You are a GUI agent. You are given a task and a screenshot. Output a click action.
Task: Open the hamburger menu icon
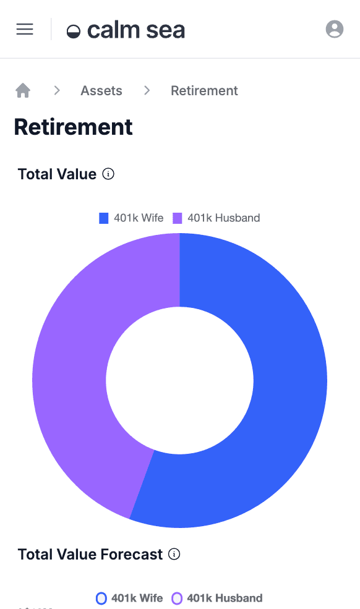click(x=25, y=29)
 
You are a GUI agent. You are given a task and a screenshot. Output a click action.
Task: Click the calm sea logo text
click(x=136, y=30)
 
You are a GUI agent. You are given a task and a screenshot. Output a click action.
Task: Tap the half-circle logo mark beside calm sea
click(x=74, y=32)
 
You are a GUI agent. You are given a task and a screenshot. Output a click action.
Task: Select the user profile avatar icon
click(x=334, y=29)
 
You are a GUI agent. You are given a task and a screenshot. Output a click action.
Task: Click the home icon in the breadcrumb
click(x=23, y=91)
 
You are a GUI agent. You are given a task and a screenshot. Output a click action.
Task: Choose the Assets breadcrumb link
click(x=101, y=91)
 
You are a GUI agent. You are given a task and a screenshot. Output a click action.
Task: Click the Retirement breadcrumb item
click(x=204, y=91)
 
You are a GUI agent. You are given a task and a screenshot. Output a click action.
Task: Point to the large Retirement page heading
click(x=73, y=127)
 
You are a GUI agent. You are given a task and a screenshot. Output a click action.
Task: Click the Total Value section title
click(x=57, y=174)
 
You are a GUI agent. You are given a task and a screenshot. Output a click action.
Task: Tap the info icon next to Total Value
click(x=108, y=174)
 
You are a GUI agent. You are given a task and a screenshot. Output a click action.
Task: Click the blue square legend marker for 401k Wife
click(x=104, y=218)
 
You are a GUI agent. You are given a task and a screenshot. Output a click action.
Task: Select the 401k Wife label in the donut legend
click(x=139, y=218)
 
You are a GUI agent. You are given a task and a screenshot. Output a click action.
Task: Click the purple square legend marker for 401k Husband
click(x=178, y=218)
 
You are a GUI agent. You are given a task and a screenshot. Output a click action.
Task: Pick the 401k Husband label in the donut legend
click(x=223, y=218)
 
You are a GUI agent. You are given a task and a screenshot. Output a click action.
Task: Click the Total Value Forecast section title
click(x=90, y=555)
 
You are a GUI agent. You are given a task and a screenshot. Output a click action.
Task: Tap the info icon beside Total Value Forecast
click(x=174, y=555)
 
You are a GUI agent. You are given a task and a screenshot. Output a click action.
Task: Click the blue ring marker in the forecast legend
click(x=101, y=598)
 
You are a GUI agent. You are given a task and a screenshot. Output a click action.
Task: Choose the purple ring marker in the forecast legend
click(x=177, y=598)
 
